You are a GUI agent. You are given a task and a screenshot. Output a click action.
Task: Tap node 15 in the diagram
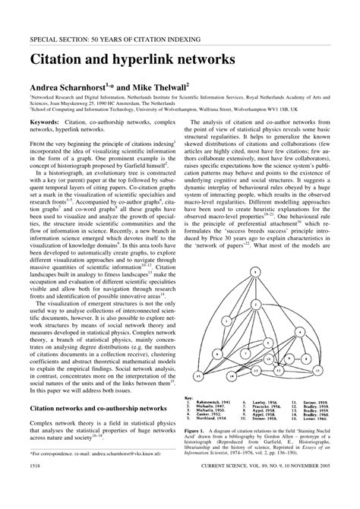[x=198, y=375]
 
